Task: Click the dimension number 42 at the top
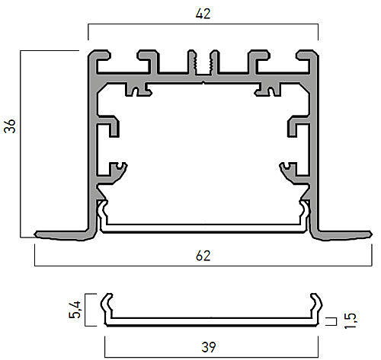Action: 203,14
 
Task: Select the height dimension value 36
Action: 10,126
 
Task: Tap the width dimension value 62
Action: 203,256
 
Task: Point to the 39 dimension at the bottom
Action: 209,347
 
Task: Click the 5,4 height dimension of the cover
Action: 75,310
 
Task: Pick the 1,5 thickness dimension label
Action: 351,320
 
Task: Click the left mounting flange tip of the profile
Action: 36,234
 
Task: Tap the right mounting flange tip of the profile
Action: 371,234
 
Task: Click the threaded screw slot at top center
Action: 203,63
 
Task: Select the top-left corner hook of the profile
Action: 100,55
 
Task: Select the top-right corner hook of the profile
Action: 307,55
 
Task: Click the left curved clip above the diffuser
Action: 116,174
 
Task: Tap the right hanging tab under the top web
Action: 269,89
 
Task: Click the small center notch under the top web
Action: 203,82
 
